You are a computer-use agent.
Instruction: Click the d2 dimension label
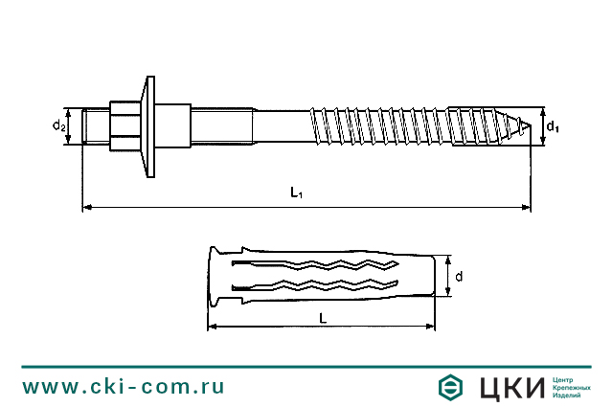(x=58, y=125)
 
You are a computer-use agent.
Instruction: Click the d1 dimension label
(x=552, y=125)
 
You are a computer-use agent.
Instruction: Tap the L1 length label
(x=297, y=193)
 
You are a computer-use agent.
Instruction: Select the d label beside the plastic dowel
(x=460, y=277)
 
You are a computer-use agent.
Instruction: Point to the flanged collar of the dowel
(x=214, y=277)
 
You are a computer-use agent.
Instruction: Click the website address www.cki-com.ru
(x=124, y=387)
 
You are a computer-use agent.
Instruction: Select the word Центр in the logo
(x=565, y=379)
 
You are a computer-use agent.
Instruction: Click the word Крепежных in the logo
(x=572, y=388)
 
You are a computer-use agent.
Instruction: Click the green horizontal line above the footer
(x=306, y=366)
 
